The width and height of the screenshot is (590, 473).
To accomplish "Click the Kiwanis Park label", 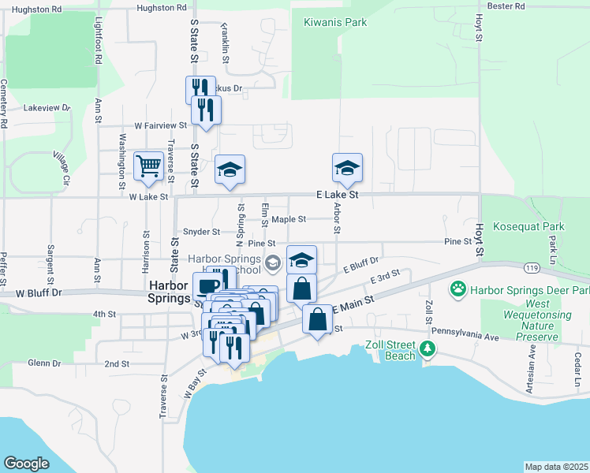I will [335, 22].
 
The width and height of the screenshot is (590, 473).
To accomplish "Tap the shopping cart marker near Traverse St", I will [148, 166].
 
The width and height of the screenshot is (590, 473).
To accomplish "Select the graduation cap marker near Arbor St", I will [347, 168].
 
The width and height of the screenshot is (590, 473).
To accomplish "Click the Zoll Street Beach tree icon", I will [428, 348].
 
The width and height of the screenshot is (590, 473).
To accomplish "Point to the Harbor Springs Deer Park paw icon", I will [457, 289].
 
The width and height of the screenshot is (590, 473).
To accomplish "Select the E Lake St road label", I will [337, 194].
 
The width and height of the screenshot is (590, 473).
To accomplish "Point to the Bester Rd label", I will [506, 6].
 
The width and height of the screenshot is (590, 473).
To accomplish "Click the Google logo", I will [26, 464].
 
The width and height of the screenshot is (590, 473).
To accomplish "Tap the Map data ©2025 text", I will [556, 467].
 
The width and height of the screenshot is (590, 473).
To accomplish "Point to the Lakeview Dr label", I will [47, 107].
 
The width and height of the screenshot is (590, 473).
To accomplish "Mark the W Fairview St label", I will [160, 125].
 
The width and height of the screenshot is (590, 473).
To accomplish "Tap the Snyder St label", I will [201, 232].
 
